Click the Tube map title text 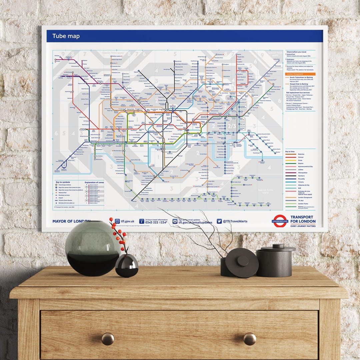point(66,36)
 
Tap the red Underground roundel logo point(280,221)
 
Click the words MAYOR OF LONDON point(71,221)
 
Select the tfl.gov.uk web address point(127,221)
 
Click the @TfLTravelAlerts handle point(235,221)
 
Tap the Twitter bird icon point(219,221)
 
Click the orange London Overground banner point(300,74)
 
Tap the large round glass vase point(92,248)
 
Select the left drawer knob point(108,339)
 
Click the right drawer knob point(250,339)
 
